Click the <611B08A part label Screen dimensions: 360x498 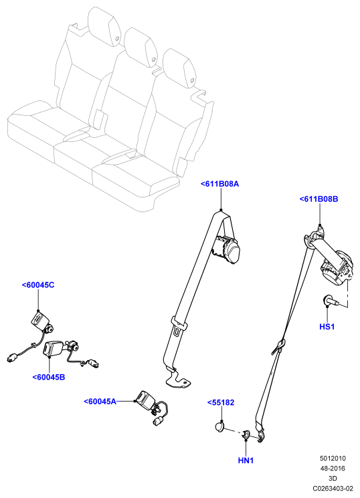[x=219, y=184]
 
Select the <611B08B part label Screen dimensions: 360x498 [x=319, y=199]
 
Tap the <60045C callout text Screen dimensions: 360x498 [x=38, y=285]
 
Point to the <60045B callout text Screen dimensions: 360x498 [x=49, y=378]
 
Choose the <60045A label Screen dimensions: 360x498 [x=100, y=402]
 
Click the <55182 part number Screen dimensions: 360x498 [x=221, y=403]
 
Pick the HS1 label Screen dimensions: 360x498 [x=327, y=327]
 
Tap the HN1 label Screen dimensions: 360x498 [x=246, y=461]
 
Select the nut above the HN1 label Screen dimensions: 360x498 [x=246, y=434]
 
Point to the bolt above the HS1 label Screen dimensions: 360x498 [x=330, y=301]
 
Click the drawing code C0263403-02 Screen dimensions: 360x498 [x=333, y=489]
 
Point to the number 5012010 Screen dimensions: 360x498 [x=333, y=459]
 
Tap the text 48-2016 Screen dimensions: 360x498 [x=333, y=469]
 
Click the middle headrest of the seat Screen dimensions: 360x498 [x=141, y=47]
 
